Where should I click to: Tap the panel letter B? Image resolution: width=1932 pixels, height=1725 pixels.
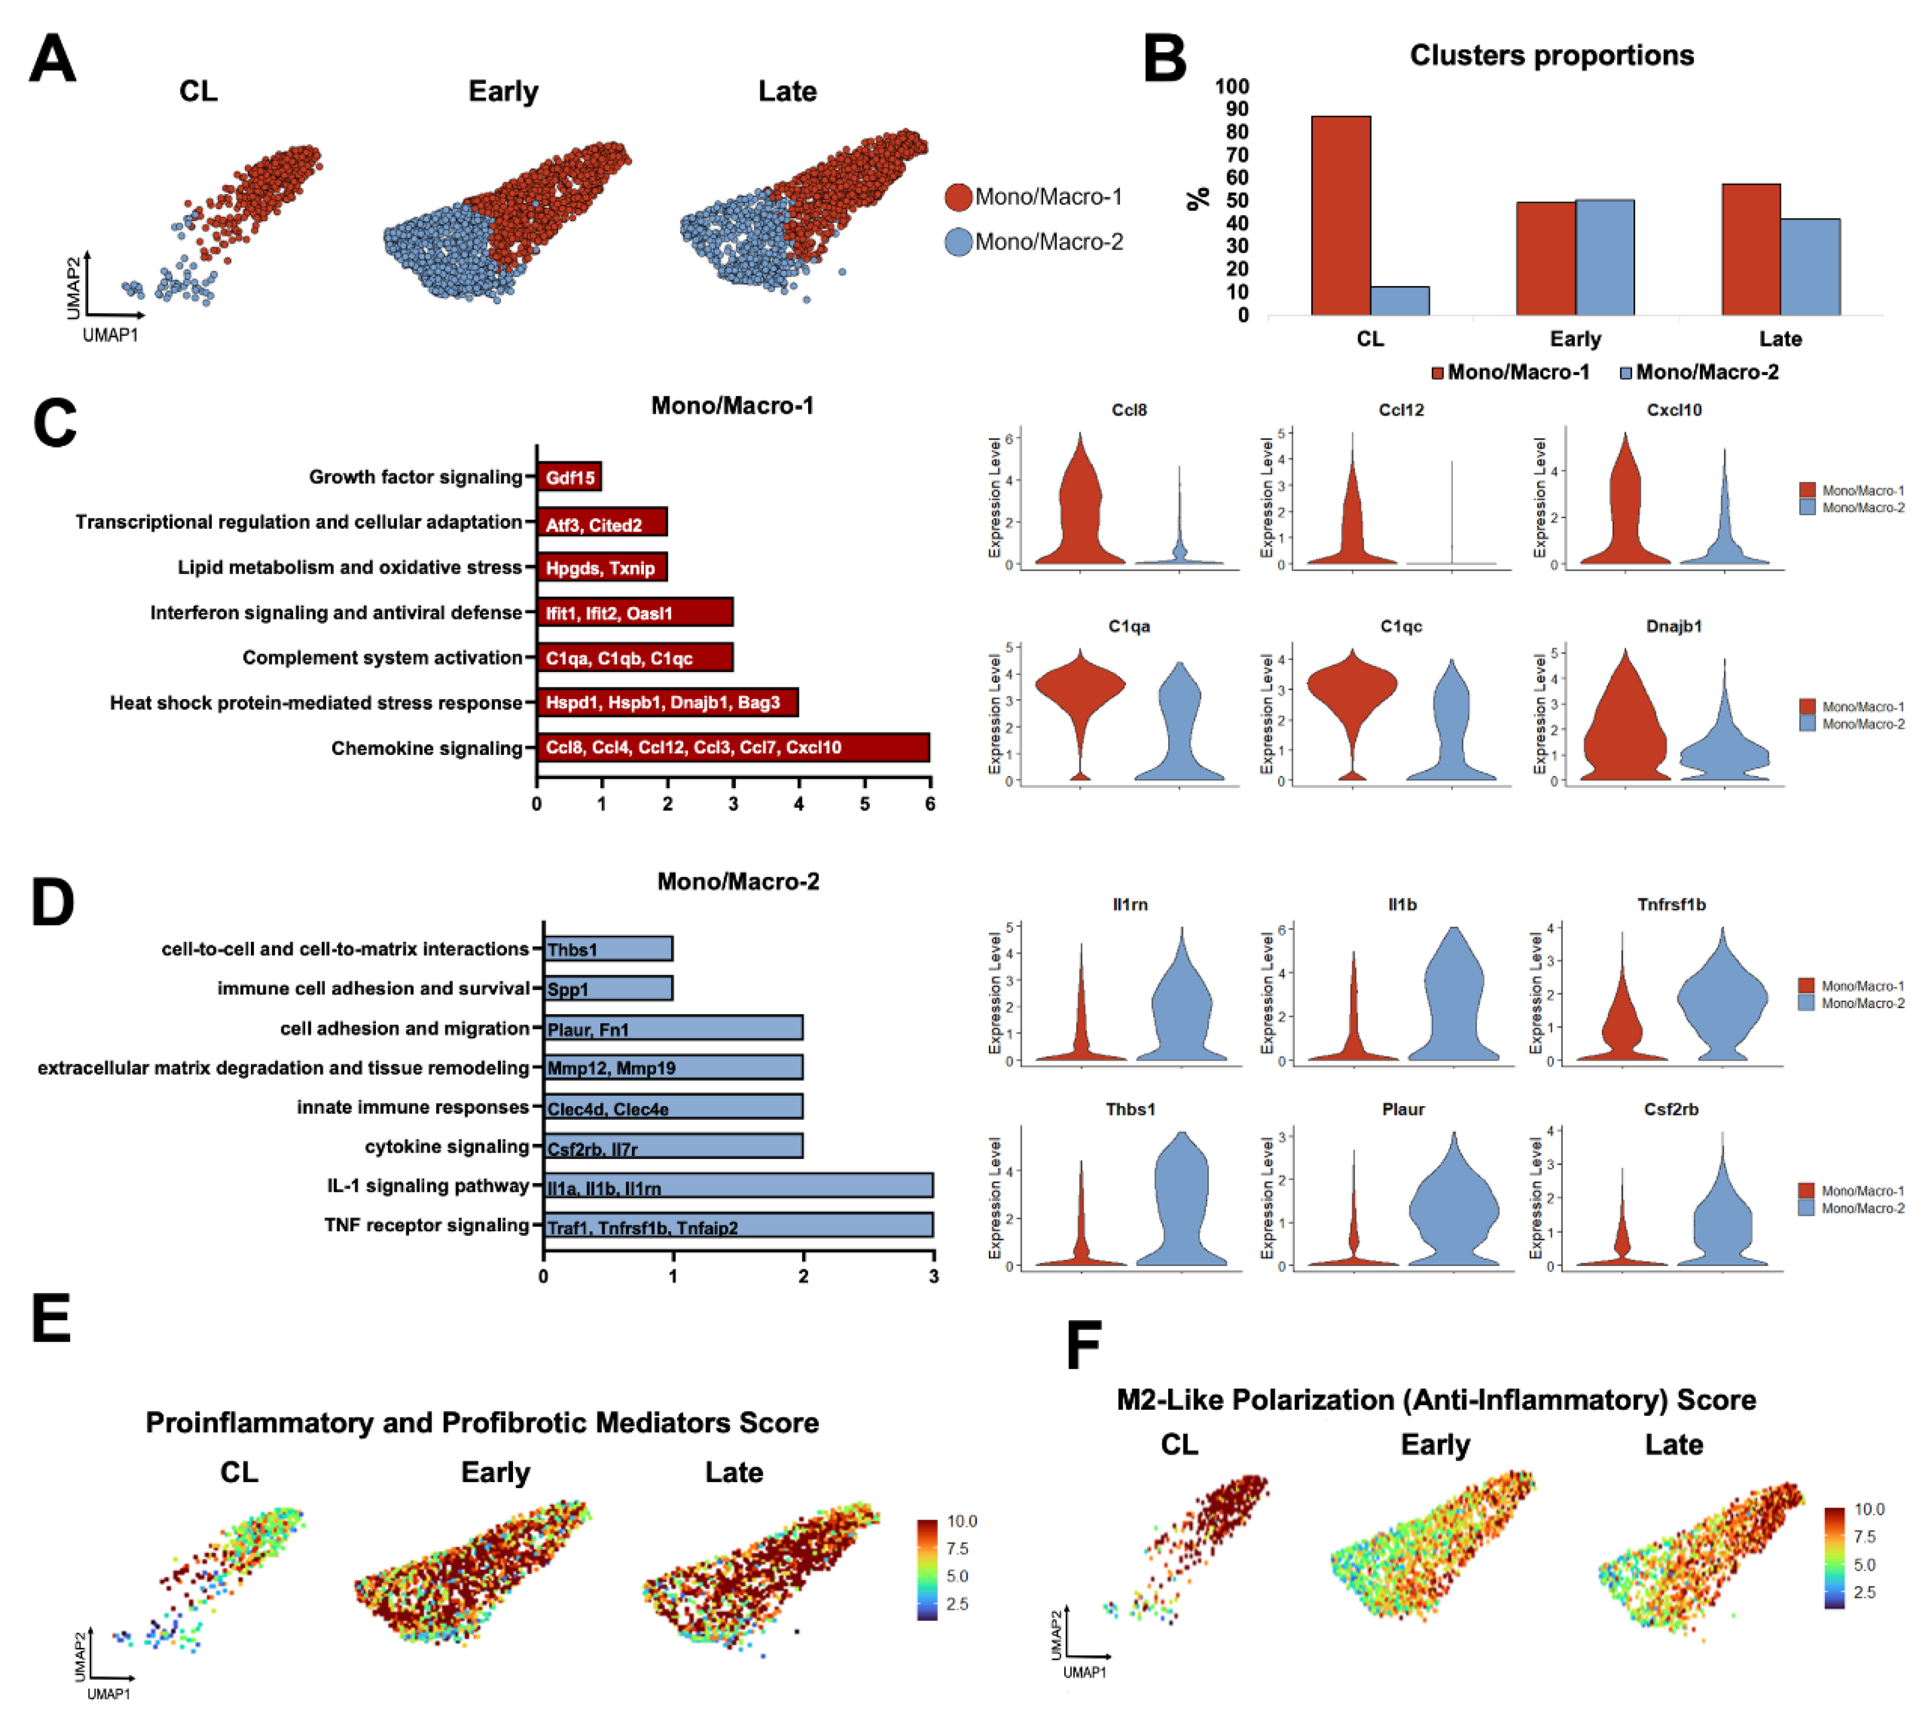pyautogui.click(x=1165, y=59)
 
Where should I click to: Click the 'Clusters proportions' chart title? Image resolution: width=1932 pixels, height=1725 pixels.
pyautogui.click(x=1551, y=55)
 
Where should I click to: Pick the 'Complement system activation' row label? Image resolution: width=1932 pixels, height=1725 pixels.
pyautogui.click(x=382, y=657)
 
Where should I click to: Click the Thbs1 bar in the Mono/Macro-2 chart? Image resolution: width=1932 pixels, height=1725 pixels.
pyautogui.click(x=608, y=949)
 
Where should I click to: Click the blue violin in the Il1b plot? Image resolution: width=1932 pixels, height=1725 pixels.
pyautogui.click(x=1453, y=1005)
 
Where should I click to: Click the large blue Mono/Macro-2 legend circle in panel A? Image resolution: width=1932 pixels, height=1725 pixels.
pyautogui.click(x=958, y=242)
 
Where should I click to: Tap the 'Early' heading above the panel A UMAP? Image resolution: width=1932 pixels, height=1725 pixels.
pyautogui.click(x=503, y=91)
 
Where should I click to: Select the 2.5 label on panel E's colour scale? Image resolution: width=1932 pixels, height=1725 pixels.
pyautogui.click(x=957, y=1604)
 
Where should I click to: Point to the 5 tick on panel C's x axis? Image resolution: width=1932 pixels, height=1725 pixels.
pyautogui.click(x=864, y=804)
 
